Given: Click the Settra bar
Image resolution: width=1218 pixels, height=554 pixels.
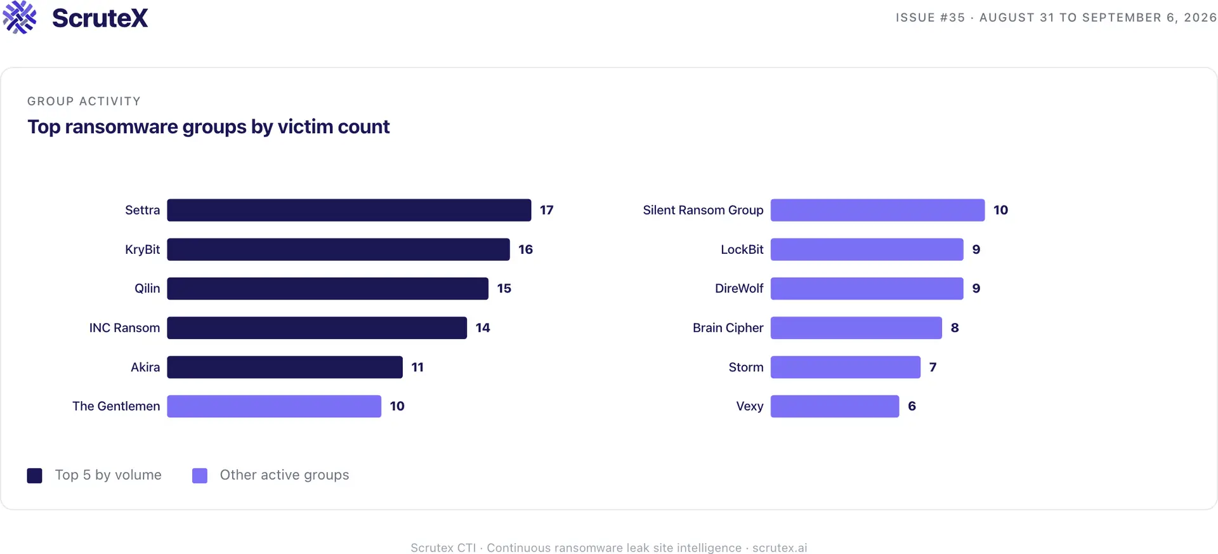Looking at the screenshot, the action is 349,210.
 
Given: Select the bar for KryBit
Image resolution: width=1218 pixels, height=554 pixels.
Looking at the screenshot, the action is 338,249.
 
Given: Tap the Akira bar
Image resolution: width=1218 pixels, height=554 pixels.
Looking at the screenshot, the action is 285,367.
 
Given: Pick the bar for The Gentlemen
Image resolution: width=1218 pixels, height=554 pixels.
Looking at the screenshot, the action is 274,406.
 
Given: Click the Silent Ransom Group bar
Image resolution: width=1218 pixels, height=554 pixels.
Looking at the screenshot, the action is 877,210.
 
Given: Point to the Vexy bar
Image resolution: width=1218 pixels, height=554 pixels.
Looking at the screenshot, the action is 835,406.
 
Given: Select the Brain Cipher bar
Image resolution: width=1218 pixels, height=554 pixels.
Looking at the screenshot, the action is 856,327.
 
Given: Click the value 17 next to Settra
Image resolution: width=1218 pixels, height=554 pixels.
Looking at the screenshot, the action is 547,210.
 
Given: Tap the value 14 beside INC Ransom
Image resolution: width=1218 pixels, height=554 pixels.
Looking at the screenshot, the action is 483,327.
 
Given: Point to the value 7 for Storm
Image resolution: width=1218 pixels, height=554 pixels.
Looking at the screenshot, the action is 933,367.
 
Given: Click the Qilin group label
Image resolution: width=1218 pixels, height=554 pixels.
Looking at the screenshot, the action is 147,289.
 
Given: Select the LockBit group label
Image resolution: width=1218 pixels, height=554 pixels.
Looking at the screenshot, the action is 742,249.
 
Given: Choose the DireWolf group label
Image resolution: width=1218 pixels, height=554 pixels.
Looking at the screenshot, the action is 739,288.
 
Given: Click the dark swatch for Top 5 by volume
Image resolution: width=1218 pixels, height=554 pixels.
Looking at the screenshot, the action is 35,475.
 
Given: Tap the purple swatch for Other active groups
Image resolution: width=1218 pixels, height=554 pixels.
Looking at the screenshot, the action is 200,475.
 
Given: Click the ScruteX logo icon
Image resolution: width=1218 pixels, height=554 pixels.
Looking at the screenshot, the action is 20,17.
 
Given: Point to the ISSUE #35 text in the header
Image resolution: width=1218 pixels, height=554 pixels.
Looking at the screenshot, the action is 930,18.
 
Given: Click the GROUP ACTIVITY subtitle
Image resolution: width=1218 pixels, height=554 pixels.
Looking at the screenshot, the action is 84,102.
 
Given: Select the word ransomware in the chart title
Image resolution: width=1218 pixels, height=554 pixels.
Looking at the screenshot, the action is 121,127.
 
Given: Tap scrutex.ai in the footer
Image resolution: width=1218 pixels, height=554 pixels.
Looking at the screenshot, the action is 780,548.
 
